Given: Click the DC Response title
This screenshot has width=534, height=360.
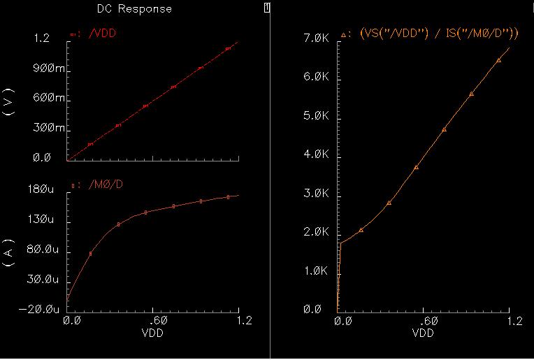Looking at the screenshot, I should tap(133, 9).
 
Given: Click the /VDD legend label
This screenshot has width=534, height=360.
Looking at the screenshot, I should tap(101, 33).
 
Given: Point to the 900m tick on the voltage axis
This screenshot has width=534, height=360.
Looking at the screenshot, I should tap(48, 69).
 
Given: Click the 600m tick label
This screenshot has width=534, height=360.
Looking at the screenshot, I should tap(48, 99).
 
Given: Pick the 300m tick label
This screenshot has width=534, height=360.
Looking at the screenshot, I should tap(48, 129).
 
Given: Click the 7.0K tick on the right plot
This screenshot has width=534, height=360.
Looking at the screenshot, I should tap(316, 39).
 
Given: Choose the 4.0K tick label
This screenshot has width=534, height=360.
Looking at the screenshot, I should tap(316, 154).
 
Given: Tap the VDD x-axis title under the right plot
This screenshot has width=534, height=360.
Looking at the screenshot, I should tap(423, 333).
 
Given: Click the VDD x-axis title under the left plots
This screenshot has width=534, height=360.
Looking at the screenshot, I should tap(153, 333).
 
